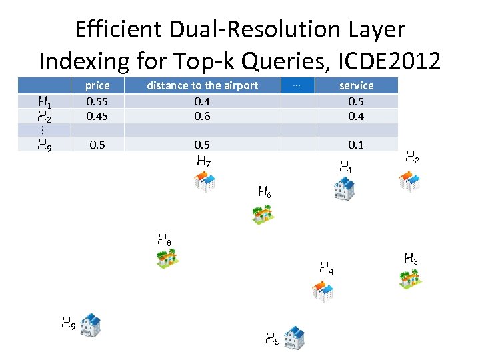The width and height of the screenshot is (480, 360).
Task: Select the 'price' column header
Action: pos(97,85)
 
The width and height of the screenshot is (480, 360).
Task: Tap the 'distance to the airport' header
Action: pos(202,85)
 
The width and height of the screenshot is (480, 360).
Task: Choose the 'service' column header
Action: pos(356,85)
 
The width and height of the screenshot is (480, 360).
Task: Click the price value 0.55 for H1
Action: pos(97,101)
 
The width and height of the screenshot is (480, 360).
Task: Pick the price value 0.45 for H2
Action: pos(97,116)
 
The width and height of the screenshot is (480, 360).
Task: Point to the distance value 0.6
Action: pos(202,116)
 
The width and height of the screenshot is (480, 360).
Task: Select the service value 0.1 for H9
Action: pos(356,145)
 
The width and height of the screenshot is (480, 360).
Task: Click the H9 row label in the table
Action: pos(45,145)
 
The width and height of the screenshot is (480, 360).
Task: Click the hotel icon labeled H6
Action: pos(262,213)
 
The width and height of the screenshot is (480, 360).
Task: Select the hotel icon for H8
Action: pos(169,257)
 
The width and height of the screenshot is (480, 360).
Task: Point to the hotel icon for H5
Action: pos(293,337)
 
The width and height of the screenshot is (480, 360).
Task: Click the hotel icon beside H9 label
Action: pos(90,325)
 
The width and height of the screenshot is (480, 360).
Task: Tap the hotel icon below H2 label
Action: pos(409,181)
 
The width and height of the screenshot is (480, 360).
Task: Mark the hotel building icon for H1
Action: pos(344,189)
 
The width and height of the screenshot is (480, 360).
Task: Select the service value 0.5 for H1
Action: pos(356,101)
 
